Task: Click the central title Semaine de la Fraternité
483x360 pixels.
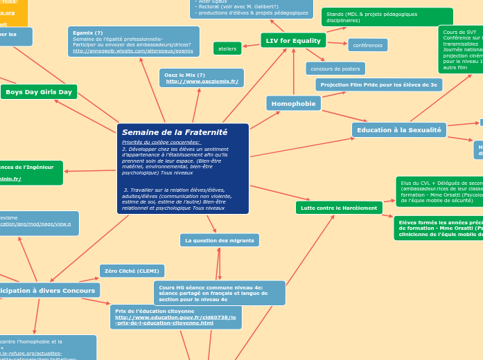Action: pos(175,132)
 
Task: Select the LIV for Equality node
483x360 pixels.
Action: pos(293,41)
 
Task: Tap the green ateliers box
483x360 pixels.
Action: pos(227,48)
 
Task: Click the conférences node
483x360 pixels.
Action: pos(367,45)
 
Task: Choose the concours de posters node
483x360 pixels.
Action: pos(335,69)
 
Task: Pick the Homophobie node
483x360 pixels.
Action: pos(293,103)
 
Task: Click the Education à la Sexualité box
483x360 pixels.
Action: pos(398,129)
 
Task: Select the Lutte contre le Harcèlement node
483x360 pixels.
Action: pos(339,208)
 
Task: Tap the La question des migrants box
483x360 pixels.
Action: pos(220,240)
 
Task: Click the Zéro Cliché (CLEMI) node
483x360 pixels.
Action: pos(132,271)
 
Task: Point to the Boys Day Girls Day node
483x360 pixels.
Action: pos(39,91)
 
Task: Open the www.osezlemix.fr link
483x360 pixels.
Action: pos(202,82)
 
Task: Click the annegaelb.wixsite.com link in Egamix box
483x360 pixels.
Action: pos(133,51)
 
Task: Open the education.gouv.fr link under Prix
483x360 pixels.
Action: pos(175,320)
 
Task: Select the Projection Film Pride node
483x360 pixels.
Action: pos(378,84)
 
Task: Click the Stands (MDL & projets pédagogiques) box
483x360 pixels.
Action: pos(387,17)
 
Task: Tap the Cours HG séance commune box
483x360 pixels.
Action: pos(219,293)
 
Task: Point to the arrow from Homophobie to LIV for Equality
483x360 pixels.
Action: pos(293,73)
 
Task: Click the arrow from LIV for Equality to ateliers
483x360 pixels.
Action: pos(251,45)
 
